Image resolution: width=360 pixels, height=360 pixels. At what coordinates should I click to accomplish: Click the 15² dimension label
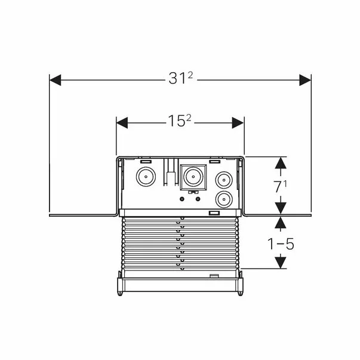180,122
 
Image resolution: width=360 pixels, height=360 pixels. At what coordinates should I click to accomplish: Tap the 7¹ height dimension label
280,186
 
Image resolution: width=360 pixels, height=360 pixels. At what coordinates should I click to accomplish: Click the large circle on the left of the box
145,177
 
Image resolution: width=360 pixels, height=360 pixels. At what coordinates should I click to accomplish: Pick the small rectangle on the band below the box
214,213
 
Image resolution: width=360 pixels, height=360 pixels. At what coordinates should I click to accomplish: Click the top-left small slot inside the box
144,161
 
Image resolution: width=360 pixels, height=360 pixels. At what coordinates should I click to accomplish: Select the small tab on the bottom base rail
213,275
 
